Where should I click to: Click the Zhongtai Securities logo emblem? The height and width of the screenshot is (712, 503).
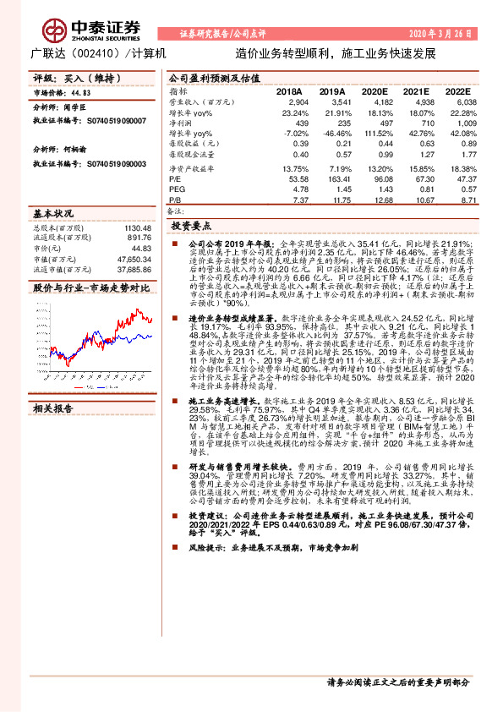point(57,28)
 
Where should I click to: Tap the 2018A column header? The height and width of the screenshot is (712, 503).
point(290,90)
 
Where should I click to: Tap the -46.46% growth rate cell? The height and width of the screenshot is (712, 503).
point(329,133)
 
